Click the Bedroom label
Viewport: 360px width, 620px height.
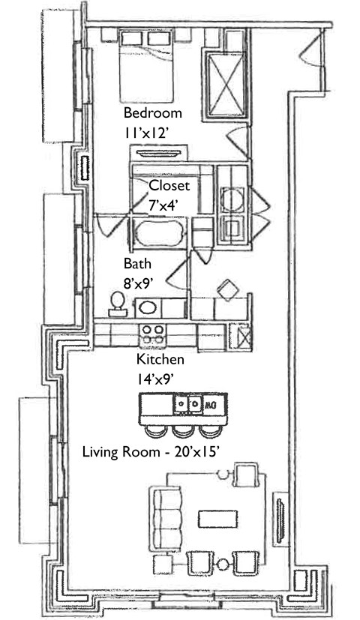(153, 112)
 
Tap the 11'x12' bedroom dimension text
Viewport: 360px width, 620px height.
(147, 133)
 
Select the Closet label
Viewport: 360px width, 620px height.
(169, 185)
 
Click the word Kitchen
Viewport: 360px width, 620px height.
(160, 359)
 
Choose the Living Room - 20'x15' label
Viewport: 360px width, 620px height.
(151, 451)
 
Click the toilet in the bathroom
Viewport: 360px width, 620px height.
(118, 304)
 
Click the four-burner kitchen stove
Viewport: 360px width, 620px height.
(153, 334)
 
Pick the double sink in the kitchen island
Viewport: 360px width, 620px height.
(188, 403)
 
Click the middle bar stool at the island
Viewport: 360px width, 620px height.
(183, 430)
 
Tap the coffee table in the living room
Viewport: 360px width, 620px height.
(217, 518)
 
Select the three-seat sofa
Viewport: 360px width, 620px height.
(165, 519)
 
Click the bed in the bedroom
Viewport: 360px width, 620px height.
(146, 67)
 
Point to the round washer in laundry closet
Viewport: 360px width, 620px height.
(232, 199)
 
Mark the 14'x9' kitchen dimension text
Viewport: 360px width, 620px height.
(156, 379)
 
